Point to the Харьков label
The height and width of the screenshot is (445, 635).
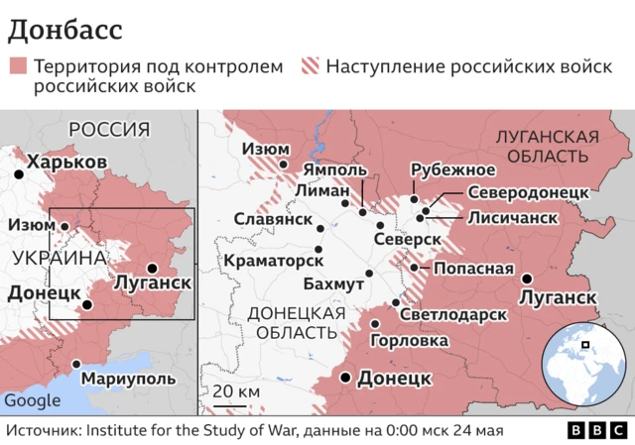tap(66, 162)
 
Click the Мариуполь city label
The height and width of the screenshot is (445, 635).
tap(128, 378)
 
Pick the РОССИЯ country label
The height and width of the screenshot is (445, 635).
tap(108, 129)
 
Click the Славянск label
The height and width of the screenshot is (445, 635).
tap(267, 219)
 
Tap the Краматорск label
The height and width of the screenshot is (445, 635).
tap(275, 259)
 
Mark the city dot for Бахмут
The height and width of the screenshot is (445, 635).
tap(369, 274)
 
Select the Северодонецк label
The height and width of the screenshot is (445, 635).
tap(529, 192)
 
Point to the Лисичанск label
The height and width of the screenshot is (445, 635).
tap(512, 217)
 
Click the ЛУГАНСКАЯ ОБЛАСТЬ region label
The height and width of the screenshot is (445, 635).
tap(549, 146)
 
